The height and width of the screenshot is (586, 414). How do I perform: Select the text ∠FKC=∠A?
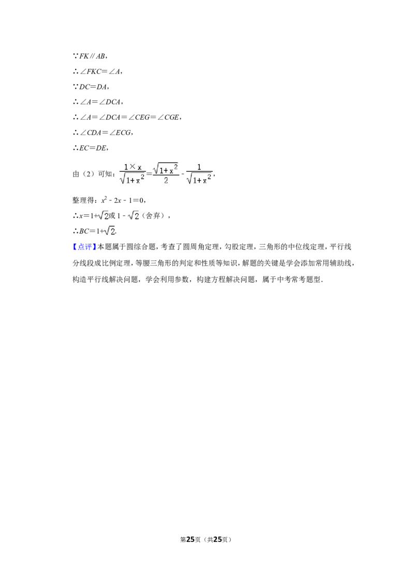[x=97, y=71]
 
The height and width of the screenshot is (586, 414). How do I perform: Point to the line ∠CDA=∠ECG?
[x=102, y=133]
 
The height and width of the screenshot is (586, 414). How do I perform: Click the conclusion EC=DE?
[x=91, y=148]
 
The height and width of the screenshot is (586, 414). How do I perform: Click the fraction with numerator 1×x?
[x=132, y=174]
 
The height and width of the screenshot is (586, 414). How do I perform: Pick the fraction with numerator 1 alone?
[x=199, y=174]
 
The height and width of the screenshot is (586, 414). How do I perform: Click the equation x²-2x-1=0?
[x=123, y=200]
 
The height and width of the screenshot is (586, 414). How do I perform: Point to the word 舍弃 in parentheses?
[x=153, y=216]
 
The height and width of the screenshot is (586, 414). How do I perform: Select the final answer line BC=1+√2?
[x=95, y=231]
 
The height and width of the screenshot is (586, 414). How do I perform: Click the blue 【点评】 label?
[x=84, y=247]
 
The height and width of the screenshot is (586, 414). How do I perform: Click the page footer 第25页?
[x=190, y=539]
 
